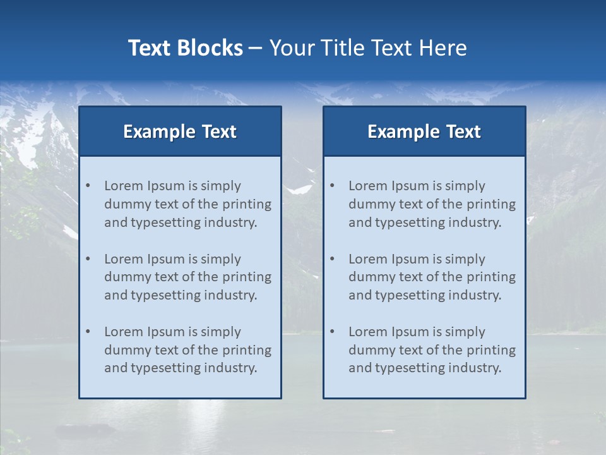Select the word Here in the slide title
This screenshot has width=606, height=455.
coord(444,48)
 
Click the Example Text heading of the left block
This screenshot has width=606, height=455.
coord(180,131)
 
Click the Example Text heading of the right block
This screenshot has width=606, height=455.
coord(424,131)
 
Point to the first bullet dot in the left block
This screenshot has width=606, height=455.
coord(88,186)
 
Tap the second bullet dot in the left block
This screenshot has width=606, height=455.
coord(88,259)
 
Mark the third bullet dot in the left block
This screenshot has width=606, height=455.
coord(88,332)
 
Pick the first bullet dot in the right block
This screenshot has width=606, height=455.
coord(332,186)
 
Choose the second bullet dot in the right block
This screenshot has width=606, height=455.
coord(332,259)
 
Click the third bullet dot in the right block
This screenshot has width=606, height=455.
coord(332,332)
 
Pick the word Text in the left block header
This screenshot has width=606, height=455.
coord(219,131)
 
